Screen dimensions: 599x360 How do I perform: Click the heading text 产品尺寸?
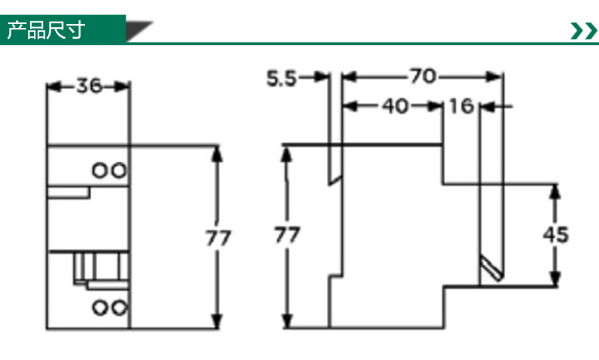point(46,30)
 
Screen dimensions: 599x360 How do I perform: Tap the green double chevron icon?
point(584,31)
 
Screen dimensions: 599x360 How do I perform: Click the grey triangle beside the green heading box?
point(139,31)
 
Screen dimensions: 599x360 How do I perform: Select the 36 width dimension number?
point(89,86)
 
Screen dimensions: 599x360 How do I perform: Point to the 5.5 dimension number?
point(281,79)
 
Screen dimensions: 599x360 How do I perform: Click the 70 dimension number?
point(423,76)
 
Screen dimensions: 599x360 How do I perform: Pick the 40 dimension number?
point(395,106)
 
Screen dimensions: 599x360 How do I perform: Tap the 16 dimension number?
point(461,106)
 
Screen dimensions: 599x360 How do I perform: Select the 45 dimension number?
point(556,234)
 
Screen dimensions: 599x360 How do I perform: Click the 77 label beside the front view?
point(218,238)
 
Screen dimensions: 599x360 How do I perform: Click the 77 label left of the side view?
point(288,235)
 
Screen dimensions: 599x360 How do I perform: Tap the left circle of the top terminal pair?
point(99,170)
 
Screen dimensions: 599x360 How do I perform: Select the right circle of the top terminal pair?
point(119,170)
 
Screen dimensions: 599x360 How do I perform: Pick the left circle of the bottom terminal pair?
point(100,307)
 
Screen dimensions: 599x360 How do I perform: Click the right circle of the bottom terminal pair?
point(119,307)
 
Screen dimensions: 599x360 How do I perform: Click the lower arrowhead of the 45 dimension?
point(555,279)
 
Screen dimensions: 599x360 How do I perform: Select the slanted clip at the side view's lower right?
point(491,268)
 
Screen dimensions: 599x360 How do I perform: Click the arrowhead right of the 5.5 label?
point(321,77)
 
